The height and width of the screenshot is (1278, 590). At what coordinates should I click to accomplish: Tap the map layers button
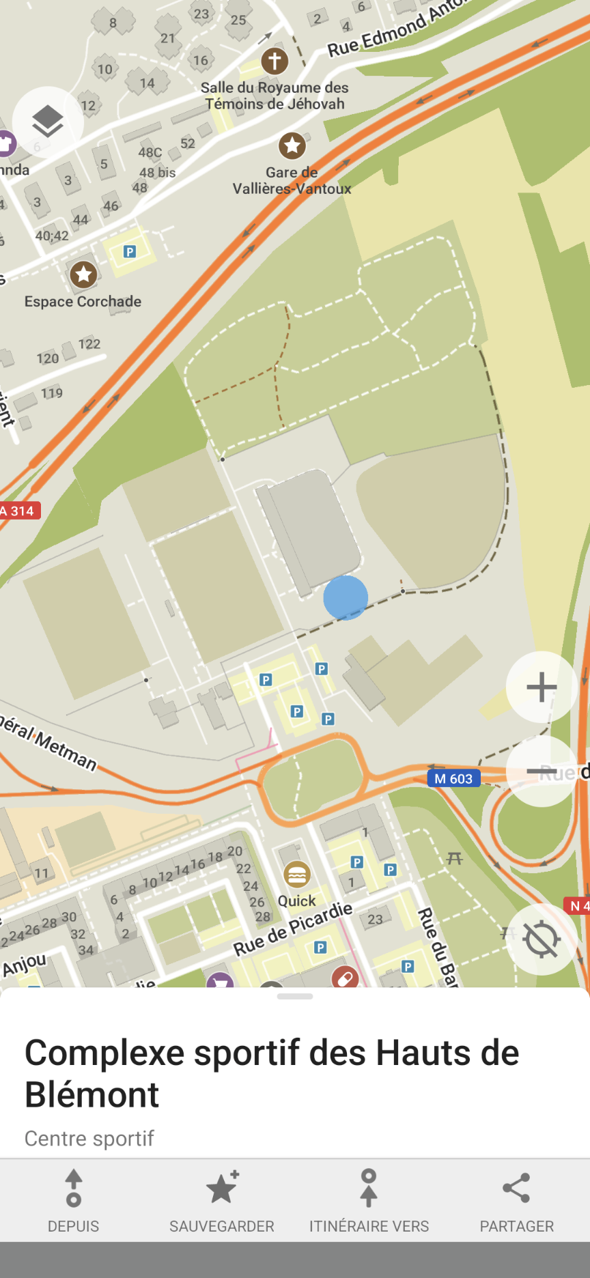pyautogui.click(x=47, y=122)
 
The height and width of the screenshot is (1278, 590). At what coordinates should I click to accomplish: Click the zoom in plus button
pyautogui.click(x=542, y=687)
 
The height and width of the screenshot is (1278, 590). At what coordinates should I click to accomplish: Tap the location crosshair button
pyautogui.click(x=542, y=939)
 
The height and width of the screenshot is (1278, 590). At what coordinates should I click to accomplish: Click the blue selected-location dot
pyautogui.click(x=346, y=597)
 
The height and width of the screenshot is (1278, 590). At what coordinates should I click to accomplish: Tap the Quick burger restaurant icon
pyautogui.click(x=296, y=875)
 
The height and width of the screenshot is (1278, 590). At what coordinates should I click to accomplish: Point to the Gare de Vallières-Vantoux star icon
pyautogui.click(x=292, y=145)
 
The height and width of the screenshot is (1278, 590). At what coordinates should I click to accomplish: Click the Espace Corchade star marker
pyautogui.click(x=83, y=274)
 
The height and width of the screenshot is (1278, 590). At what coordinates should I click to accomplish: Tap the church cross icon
pyautogui.click(x=275, y=61)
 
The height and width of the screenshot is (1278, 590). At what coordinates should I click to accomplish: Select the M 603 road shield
pyautogui.click(x=453, y=779)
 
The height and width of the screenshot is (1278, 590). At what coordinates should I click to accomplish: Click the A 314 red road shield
pyautogui.click(x=19, y=511)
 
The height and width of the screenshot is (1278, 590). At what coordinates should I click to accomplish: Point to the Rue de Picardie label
pyautogui.click(x=293, y=928)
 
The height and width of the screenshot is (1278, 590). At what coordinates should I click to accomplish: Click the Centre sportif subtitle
pyautogui.click(x=89, y=1138)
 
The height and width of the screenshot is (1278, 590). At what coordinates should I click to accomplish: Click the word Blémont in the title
pyautogui.click(x=92, y=1095)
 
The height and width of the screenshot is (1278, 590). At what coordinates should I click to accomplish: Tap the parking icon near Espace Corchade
pyautogui.click(x=130, y=252)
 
